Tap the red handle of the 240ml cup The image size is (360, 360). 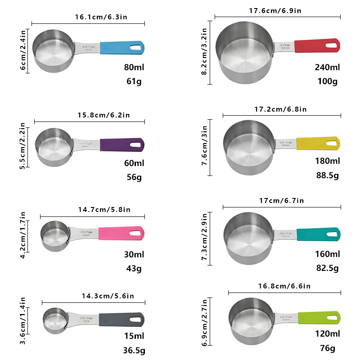click(310, 45)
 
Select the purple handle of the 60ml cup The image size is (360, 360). click(116, 144)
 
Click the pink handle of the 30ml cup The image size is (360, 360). click(115, 233)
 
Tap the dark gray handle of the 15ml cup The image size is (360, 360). click(115, 319)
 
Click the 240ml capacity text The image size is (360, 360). click(327, 67)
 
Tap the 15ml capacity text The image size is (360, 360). click(134, 336)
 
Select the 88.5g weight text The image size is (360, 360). click(327, 175)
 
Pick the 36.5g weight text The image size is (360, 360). click(134, 351)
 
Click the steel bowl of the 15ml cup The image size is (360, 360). click(54, 320)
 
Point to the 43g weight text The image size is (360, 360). click(133, 269)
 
